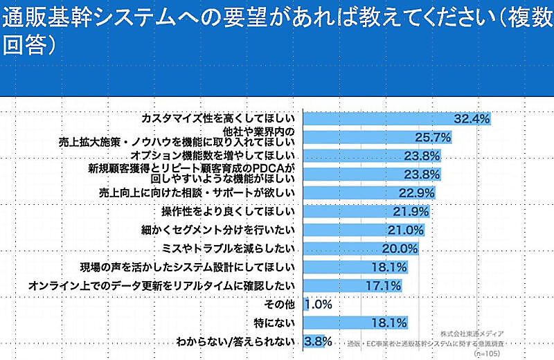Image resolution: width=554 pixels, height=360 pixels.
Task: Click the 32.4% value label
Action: pyautogui.click(x=472, y=119)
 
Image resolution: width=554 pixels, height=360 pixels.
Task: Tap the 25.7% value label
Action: pyautogui.click(x=433, y=138)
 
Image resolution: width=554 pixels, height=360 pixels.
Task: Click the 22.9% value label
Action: pyautogui.click(x=417, y=192)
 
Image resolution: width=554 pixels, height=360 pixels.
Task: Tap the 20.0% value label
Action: pyautogui.click(x=400, y=249)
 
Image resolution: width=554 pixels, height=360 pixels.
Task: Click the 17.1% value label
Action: pyautogui.click(x=383, y=285)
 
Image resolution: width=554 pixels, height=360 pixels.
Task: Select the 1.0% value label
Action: pyautogui.click(x=319, y=304)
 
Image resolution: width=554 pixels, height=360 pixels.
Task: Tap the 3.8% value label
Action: pyautogui.click(x=319, y=341)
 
